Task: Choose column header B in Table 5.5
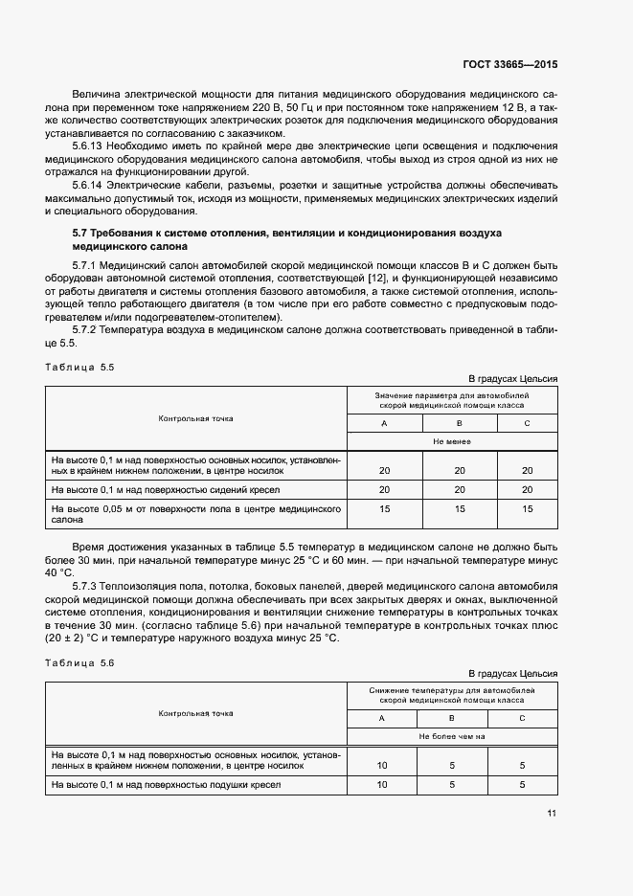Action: pos(459,423)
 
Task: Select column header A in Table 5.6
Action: pos(381,718)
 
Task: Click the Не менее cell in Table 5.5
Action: pos(451,442)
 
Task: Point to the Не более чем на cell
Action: pos(452,737)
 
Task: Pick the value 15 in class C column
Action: pos(527,509)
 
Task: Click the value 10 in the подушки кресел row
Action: pos(382,785)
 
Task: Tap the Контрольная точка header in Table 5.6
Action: pos(196,713)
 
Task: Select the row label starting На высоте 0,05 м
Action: pos(196,515)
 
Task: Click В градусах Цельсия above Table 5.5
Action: pos(512,378)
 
